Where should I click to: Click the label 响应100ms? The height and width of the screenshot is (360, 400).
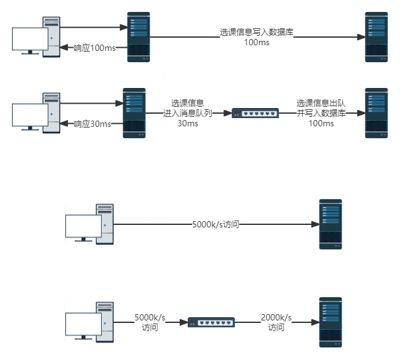tap(95, 48)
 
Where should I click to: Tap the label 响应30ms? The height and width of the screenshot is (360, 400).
tap(92, 124)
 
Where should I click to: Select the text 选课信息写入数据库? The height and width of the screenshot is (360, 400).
tap(257, 32)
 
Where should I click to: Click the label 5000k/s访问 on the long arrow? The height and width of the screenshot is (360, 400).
tap(215, 224)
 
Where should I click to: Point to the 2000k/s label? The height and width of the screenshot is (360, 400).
tap(276, 317)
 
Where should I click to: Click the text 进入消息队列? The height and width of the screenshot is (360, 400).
tap(188, 113)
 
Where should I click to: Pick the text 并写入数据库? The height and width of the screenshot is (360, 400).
tap(321, 113)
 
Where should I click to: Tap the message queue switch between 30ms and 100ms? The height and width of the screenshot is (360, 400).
tap(255, 113)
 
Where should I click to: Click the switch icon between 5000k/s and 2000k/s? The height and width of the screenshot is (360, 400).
tap(211, 322)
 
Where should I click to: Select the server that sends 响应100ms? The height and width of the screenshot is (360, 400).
tap(139, 37)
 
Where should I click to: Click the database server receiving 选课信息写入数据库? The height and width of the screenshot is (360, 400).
tap(376, 37)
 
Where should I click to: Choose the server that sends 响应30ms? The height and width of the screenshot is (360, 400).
tap(134, 113)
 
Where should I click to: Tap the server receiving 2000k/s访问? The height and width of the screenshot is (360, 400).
tap(330, 322)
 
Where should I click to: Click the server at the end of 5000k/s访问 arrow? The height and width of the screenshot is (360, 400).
tap(330, 224)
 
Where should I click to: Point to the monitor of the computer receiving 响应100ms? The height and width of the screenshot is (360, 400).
tap(30, 40)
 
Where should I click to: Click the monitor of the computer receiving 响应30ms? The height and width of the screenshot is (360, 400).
tap(30, 116)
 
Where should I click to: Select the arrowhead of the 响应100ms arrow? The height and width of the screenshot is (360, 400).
tap(64, 47)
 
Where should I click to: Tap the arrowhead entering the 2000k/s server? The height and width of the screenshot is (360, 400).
tap(315, 322)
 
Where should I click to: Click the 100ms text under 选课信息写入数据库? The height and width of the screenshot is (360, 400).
tap(257, 42)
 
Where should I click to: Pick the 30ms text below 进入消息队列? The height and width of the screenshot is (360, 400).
tap(188, 123)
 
